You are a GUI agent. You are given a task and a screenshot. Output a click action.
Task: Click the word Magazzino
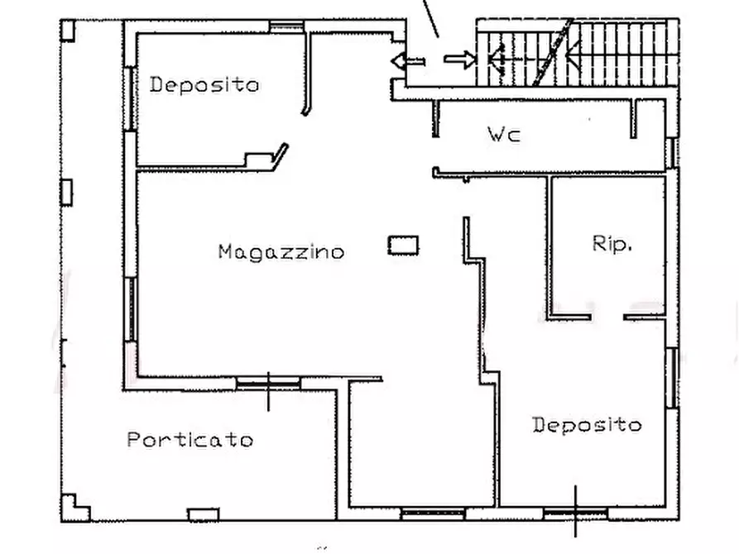[x=281, y=252]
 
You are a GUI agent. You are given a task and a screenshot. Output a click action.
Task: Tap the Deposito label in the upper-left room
[x=204, y=85]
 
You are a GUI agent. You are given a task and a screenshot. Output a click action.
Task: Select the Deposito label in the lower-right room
[x=587, y=425]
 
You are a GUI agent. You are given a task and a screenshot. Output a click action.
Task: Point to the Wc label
[x=504, y=134]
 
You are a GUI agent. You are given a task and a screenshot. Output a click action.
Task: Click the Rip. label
[x=612, y=244]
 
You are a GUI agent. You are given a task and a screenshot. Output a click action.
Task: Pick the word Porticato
[x=190, y=440]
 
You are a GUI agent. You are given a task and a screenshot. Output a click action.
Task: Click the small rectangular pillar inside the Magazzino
[x=403, y=246]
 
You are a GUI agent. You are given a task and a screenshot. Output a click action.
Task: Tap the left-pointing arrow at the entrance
[x=408, y=61]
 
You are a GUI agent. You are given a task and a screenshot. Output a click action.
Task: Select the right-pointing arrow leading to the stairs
[x=460, y=60]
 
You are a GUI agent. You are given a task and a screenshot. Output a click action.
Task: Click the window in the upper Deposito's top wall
[x=286, y=26]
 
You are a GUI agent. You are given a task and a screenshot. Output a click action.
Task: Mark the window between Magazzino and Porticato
[x=268, y=384]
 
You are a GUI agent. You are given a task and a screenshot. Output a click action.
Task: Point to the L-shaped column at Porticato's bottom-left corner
[x=74, y=508]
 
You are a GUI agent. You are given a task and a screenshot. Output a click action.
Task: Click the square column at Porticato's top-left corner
[x=67, y=30]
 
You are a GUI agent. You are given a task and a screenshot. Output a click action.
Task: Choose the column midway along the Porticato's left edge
[x=66, y=192]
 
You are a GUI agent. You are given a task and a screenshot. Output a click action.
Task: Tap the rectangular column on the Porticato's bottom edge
[x=203, y=515]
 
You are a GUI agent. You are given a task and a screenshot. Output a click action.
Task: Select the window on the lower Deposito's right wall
[x=673, y=378]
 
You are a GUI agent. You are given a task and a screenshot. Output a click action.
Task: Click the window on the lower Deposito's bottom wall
[x=575, y=513]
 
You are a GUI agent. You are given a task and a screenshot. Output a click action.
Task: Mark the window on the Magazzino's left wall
[x=131, y=309]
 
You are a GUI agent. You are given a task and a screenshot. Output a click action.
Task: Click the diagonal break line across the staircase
[x=552, y=52]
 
